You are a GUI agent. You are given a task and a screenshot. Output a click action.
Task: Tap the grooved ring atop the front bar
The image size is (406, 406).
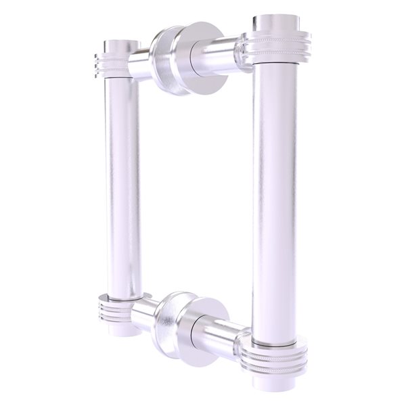[275, 49]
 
